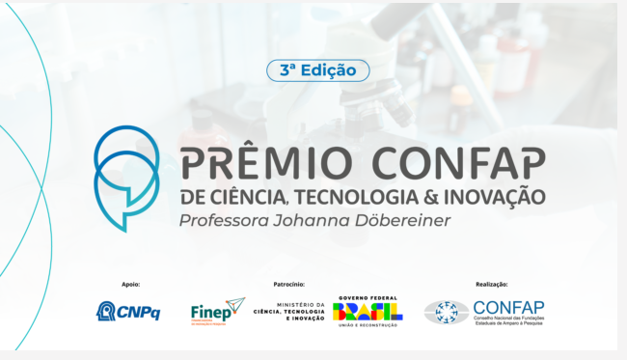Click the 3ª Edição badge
pyautogui.click(x=317, y=70)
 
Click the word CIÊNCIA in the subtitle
pyautogui.click(x=252, y=198)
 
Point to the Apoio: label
pyautogui.click(x=131, y=285)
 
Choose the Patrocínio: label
pyautogui.click(x=288, y=285)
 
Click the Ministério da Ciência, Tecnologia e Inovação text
pyautogui.click(x=288, y=312)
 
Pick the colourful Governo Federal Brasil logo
pyautogui.click(x=367, y=311)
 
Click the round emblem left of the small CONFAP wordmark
pyautogui.click(x=447, y=312)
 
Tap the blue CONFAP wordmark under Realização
pyautogui.click(x=508, y=306)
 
